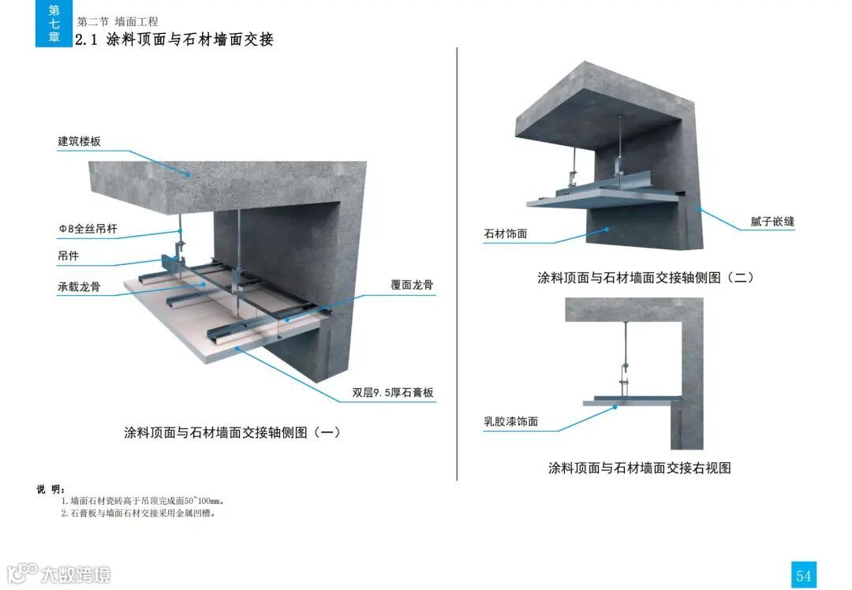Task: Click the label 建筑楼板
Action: tap(79, 142)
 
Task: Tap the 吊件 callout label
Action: tap(69, 256)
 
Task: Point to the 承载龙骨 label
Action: tap(79, 286)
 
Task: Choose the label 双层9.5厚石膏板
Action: tap(393, 393)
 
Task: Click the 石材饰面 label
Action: tap(505, 233)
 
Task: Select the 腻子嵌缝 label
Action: tap(772, 222)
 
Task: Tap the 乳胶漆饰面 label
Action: tap(510, 421)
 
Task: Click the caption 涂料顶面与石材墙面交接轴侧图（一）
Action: tap(232, 432)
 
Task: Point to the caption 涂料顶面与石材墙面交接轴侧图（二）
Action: tap(645, 278)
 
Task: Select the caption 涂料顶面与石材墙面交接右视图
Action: tap(639, 468)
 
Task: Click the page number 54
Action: tap(803, 575)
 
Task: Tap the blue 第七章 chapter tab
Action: tap(54, 24)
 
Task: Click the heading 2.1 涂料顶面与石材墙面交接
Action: tap(174, 39)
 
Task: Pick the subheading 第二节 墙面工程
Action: tap(118, 22)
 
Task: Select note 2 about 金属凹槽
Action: tap(138, 513)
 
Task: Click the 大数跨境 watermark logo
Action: tap(58, 573)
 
